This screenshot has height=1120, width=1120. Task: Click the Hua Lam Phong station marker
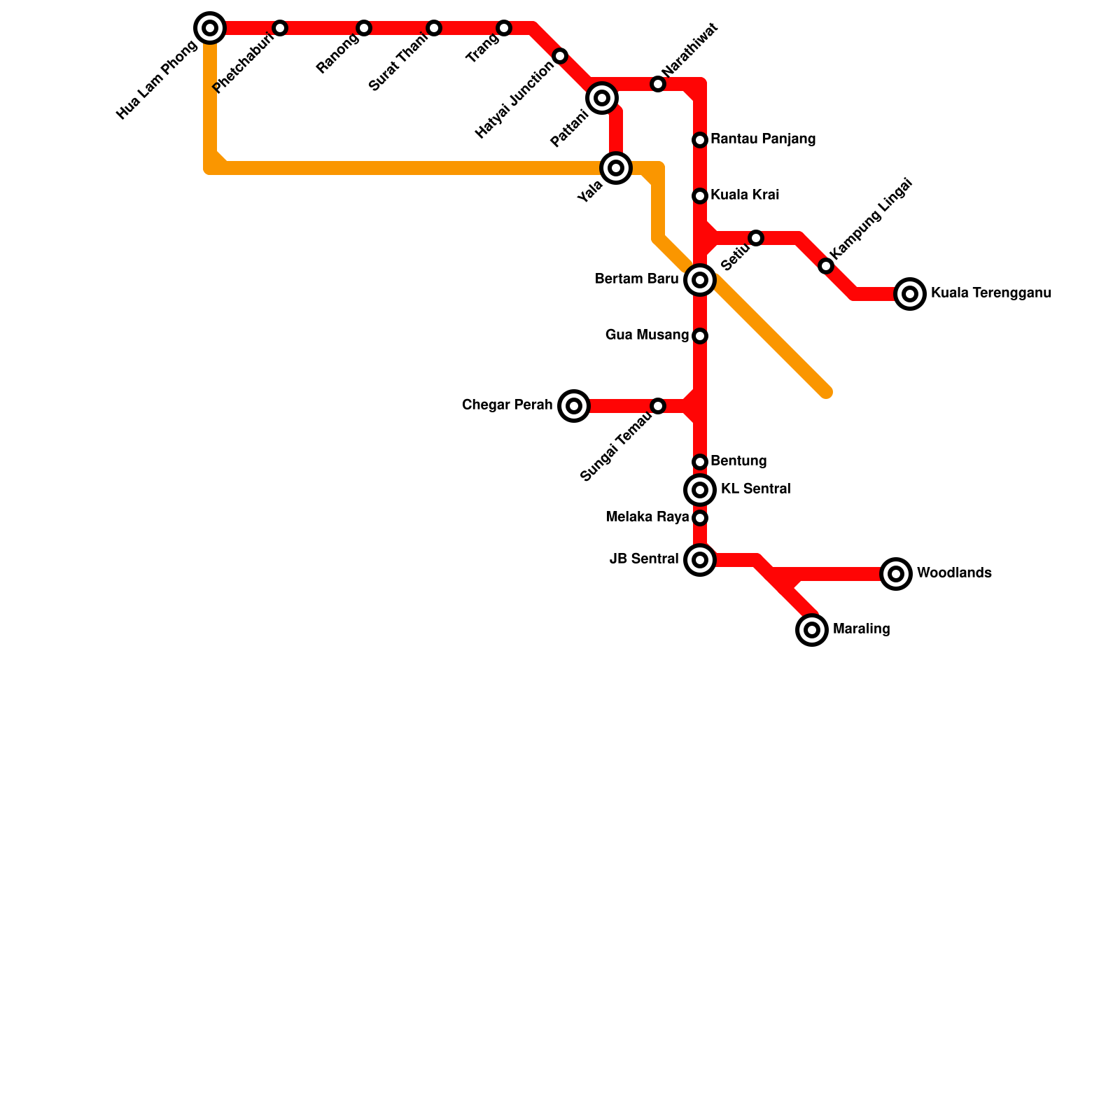click(210, 28)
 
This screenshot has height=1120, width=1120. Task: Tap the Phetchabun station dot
click(280, 28)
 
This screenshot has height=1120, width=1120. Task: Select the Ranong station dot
click(364, 28)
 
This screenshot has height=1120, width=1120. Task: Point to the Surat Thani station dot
click(434, 28)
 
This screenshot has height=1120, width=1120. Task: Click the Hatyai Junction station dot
click(560, 56)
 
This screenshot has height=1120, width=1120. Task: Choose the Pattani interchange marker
click(602, 98)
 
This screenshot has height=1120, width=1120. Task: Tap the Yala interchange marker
click(616, 168)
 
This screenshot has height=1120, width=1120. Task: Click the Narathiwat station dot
click(658, 84)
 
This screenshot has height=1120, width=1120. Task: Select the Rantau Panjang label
click(762, 139)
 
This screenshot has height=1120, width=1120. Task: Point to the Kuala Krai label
click(744, 195)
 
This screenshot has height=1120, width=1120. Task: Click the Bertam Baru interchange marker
click(700, 280)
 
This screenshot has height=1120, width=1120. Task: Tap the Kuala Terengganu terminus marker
click(910, 294)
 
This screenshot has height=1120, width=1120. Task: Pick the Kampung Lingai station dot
click(826, 266)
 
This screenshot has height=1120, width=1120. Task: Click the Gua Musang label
click(647, 335)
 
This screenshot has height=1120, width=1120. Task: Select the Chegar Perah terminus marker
click(574, 406)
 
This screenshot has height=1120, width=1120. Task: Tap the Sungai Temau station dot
click(658, 406)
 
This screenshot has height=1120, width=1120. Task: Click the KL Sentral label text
click(755, 489)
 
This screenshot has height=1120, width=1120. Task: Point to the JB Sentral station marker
click(700, 560)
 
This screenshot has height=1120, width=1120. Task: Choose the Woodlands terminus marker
click(896, 574)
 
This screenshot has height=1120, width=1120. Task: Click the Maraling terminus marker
click(812, 630)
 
